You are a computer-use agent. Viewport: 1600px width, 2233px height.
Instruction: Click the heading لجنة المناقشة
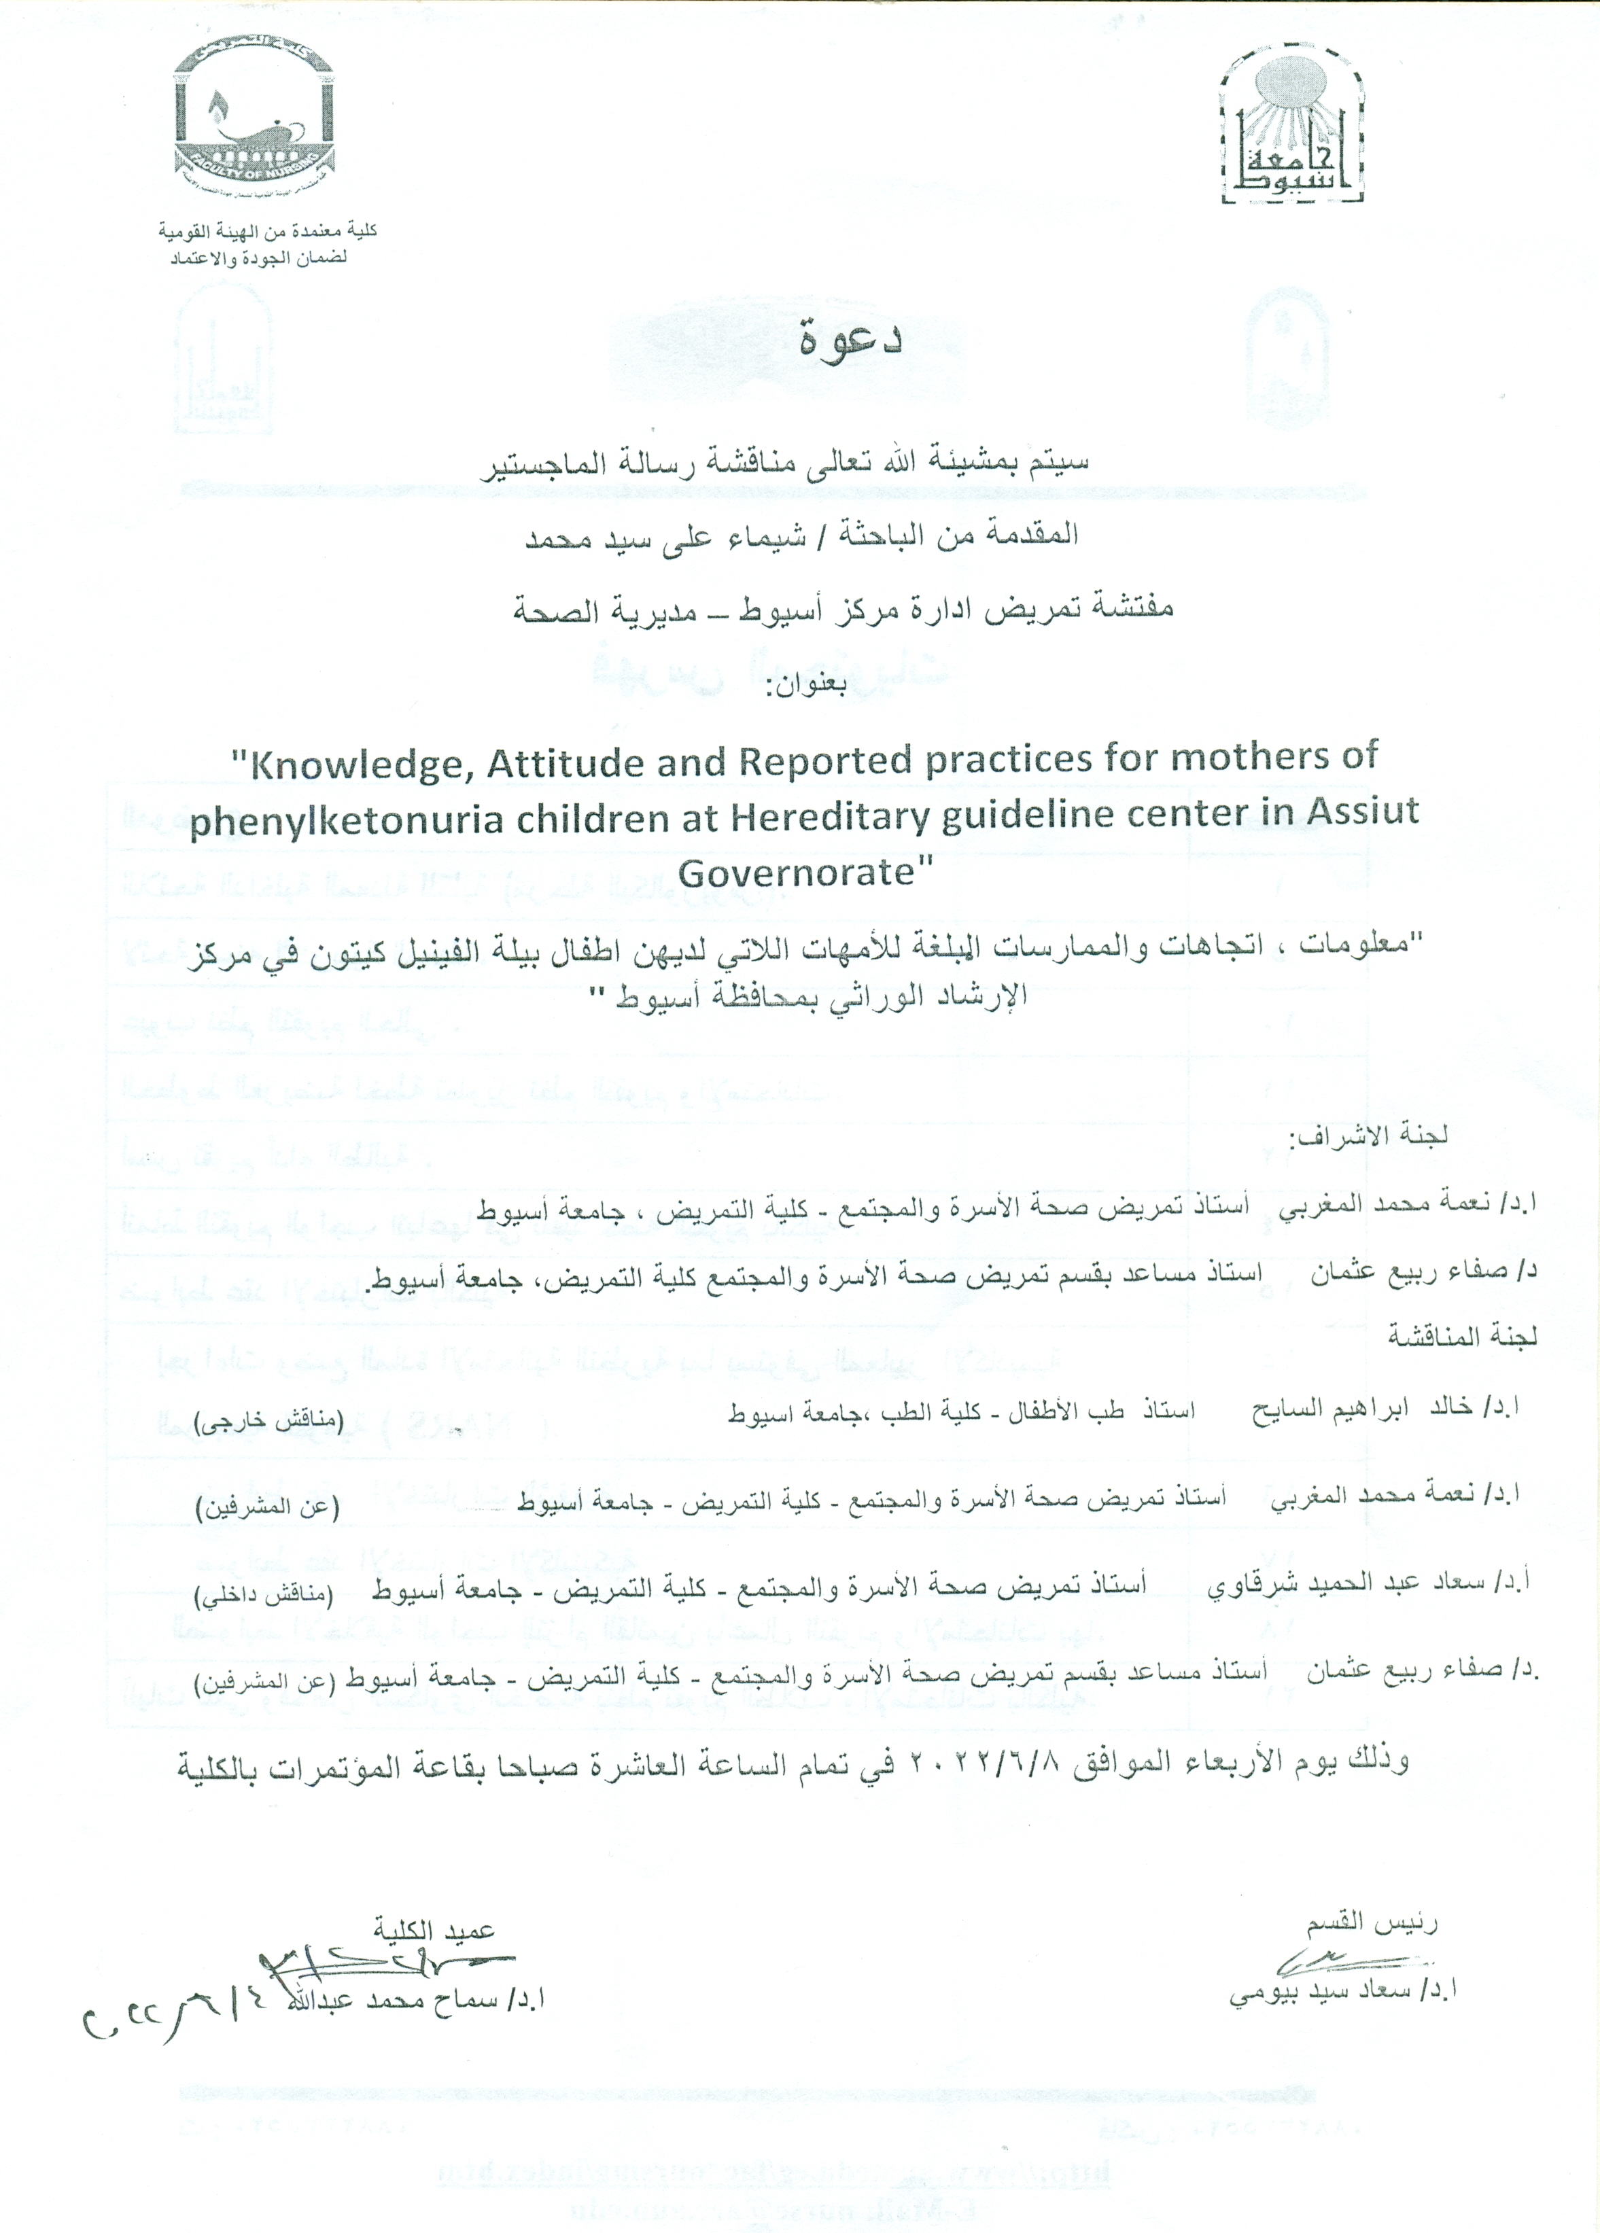[1463, 1336]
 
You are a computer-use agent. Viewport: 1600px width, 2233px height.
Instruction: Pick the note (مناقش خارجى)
[268, 1421]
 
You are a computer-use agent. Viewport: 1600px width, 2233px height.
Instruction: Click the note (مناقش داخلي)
[264, 1595]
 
